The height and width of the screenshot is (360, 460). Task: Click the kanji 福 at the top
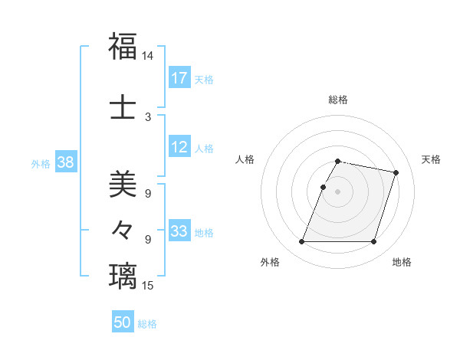click(123, 46)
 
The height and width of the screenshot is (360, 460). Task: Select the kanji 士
click(123, 106)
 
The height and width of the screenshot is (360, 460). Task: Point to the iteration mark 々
click(123, 229)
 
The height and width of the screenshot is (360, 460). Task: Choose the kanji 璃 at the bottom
click(123, 276)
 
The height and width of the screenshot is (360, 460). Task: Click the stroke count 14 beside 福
click(147, 57)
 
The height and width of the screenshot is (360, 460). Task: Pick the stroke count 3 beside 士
click(147, 116)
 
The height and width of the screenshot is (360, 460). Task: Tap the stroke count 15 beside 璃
click(147, 286)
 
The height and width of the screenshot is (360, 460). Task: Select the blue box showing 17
click(179, 78)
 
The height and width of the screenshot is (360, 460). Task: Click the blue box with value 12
click(179, 148)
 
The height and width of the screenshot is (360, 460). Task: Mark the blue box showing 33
click(179, 232)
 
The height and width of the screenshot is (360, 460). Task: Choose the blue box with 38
click(65, 162)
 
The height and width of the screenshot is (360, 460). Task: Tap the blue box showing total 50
click(123, 323)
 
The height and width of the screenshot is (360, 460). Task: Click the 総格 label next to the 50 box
click(147, 324)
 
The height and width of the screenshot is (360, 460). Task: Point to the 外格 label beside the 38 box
click(41, 163)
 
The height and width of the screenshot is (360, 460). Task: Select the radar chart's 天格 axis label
click(432, 159)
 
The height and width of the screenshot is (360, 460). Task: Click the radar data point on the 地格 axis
click(373, 242)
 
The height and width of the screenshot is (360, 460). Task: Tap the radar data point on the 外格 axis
click(302, 242)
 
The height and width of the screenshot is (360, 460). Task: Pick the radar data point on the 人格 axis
click(323, 187)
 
